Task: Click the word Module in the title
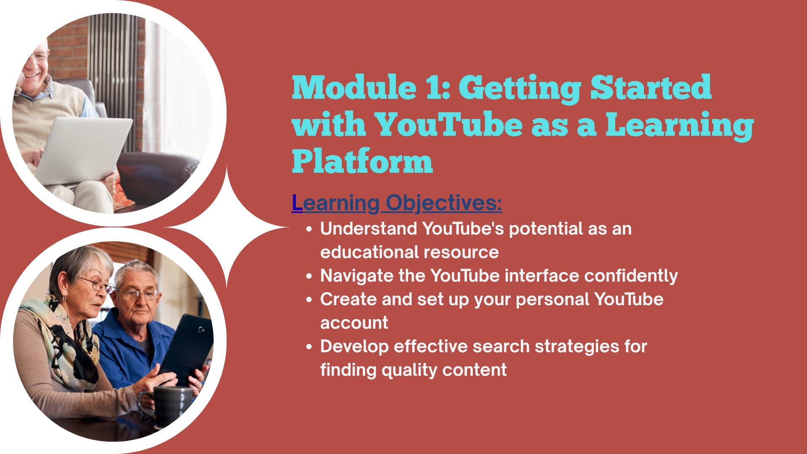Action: tap(354, 87)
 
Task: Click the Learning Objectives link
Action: tap(397, 203)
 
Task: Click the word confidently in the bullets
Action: tap(631, 276)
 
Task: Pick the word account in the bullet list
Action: tap(354, 323)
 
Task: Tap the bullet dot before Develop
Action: tap(309, 347)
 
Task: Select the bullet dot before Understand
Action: tap(309, 229)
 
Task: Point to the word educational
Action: tap(367, 252)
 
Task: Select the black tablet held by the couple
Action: tap(187, 348)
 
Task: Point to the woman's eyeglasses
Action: tap(97, 285)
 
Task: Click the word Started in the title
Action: tap(651, 87)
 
